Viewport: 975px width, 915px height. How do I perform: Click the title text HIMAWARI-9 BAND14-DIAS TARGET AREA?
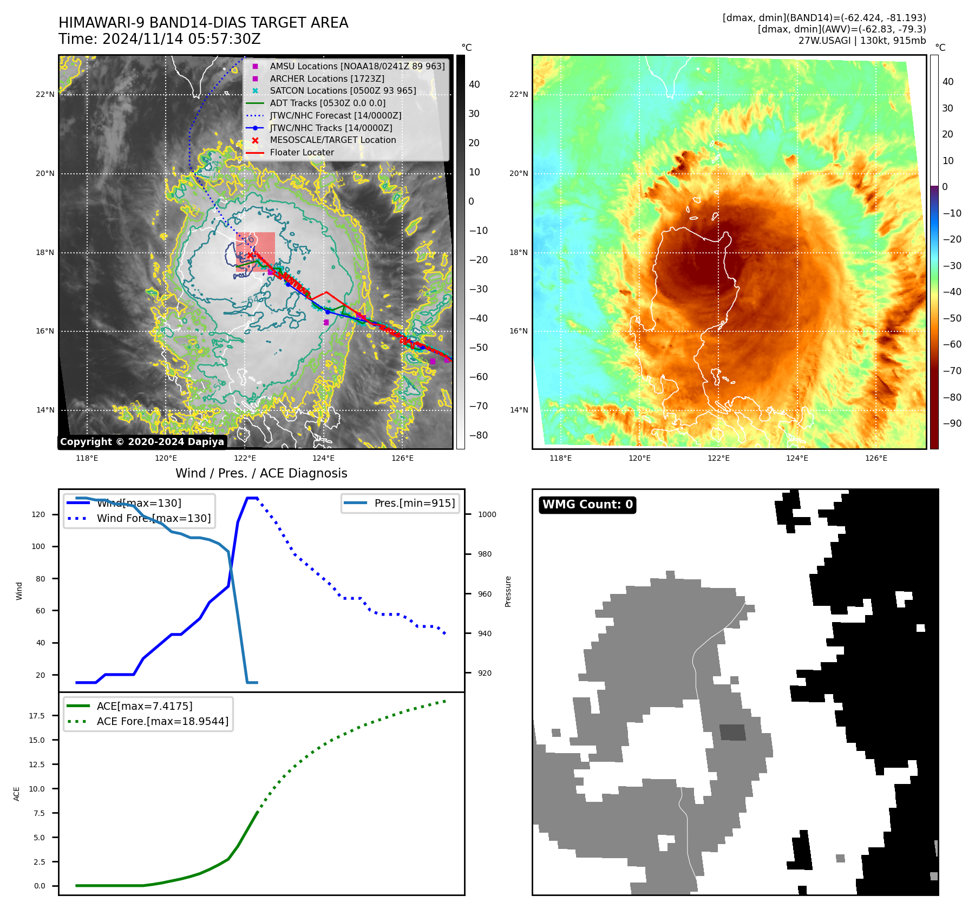(x=203, y=23)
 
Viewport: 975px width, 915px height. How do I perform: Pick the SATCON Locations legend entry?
(x=343, y=90)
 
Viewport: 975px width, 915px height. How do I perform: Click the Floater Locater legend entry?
(x=302, y=152)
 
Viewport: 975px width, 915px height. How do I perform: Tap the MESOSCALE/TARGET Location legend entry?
(x=332, y=140)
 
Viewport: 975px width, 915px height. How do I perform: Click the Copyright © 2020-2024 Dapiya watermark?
(x=142, y=442)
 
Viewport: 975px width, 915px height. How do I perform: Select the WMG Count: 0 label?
(x=587, y=505)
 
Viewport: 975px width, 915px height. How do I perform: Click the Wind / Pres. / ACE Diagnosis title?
(x=261, y=473)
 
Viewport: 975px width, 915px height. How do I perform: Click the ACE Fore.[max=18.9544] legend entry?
(x=162, y=721)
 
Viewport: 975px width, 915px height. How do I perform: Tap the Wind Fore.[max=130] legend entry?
(x=153, y=518)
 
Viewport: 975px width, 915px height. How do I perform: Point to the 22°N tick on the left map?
(x=45, y=94)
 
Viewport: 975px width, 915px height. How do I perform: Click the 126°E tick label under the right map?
(x=875, y=458)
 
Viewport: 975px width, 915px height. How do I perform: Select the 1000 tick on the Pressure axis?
(x=487, y=514)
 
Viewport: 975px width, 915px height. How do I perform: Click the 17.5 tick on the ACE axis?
(x=37, y=716)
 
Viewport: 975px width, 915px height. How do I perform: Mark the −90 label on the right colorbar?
(x=952, y=423)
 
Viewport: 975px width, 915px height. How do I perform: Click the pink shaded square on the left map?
(x=256, y=251)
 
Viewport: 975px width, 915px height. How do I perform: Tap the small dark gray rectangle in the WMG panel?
(x=732, y=732)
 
